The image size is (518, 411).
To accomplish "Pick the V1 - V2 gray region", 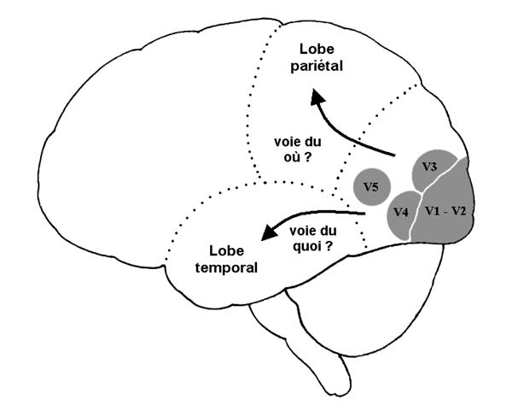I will click(x=452, y=214).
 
